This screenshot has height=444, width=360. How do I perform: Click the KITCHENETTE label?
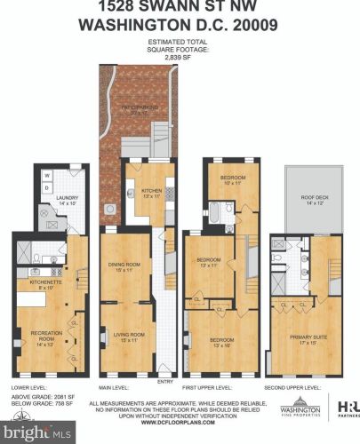[x=44, y=283]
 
